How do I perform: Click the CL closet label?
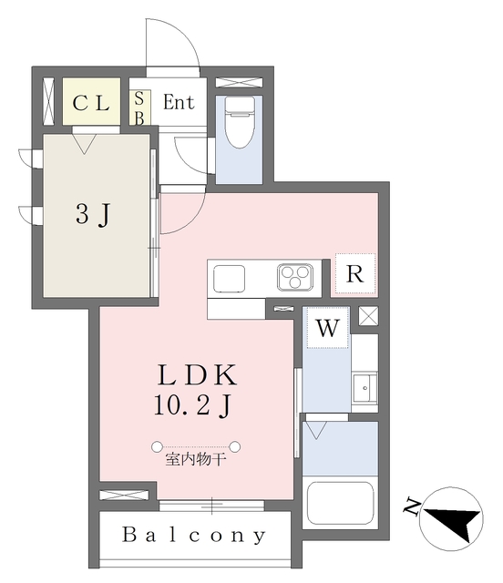tap(91, 103)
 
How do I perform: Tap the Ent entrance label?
tap(179, 102)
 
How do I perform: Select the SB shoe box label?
tap(139, 108)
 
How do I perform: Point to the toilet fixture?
tap(240, 122)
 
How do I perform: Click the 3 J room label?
tap(93, 215)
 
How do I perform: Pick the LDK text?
tap(197, 375)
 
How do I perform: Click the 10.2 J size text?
tap(193, 405)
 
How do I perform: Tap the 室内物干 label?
tap(196, 460)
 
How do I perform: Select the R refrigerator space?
tap(355, 274)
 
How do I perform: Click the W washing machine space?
tap(327, 328)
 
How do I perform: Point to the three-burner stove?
tap(295, 277)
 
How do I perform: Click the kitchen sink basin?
tap(230, 279)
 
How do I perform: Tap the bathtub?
tap(339, 503)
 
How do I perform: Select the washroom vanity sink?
tap(365, 388)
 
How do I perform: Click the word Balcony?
tap(194, 536)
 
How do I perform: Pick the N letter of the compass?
tap(412, 506)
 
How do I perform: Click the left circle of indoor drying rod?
tap(157, 446)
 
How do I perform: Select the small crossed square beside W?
tap(368, 316)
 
